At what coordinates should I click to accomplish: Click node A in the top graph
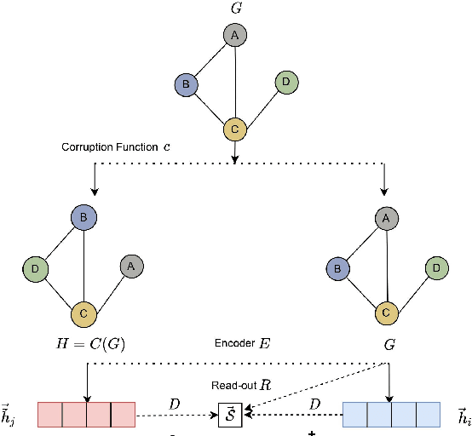234,36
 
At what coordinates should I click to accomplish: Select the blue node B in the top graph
185,84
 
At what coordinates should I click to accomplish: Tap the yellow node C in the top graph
234,130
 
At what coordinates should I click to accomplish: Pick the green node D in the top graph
285,83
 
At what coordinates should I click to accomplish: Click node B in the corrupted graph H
83,218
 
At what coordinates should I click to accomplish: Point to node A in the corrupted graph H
132,266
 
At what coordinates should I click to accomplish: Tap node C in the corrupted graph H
83,313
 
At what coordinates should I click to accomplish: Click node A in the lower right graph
386,219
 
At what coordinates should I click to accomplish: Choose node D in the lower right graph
437,267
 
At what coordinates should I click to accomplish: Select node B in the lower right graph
337,268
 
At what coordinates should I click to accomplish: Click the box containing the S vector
230,415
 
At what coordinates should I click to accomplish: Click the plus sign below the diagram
312,432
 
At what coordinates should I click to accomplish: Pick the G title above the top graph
235,9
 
